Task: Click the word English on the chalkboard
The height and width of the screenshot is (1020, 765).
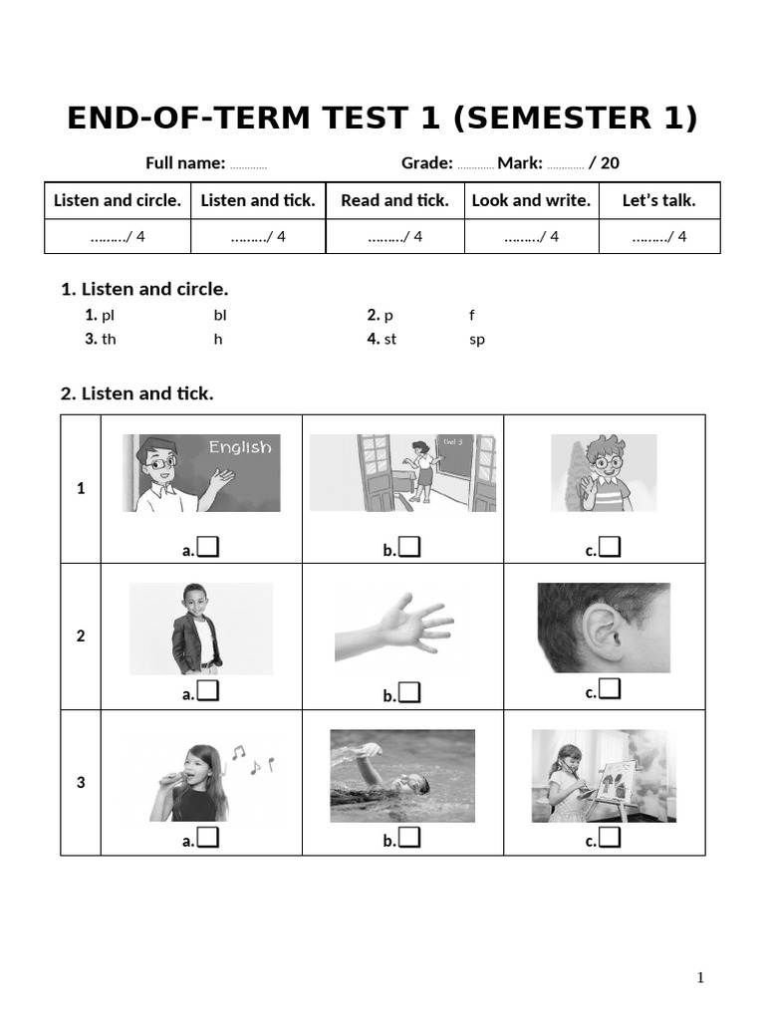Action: (239, 447)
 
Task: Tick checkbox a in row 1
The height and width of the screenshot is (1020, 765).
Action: (208, 547)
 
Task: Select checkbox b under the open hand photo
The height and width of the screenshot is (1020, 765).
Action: (409, 693)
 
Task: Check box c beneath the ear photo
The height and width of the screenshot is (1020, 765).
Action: (611, 689)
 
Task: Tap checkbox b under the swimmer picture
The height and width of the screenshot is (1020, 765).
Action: (409, 839)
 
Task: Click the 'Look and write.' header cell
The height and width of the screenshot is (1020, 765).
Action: (531, 200)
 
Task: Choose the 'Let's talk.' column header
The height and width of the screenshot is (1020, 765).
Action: (658, 200)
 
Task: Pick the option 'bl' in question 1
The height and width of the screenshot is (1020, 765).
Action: (220, 315)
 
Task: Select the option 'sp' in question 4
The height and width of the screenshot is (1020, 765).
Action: (477, 339)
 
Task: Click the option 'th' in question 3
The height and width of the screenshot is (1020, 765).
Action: (109, 339)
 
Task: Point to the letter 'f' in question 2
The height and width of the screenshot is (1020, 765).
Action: (472, 315)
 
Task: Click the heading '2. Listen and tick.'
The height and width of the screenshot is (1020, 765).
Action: (137, 393)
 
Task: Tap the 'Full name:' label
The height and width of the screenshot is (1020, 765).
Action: (185, 163)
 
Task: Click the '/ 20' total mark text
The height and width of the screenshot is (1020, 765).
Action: (604, 163)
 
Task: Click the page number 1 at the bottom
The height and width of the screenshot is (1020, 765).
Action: (700, 977)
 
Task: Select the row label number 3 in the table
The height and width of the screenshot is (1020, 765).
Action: (81, 783)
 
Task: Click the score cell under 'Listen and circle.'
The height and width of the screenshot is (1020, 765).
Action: (118, 236)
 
